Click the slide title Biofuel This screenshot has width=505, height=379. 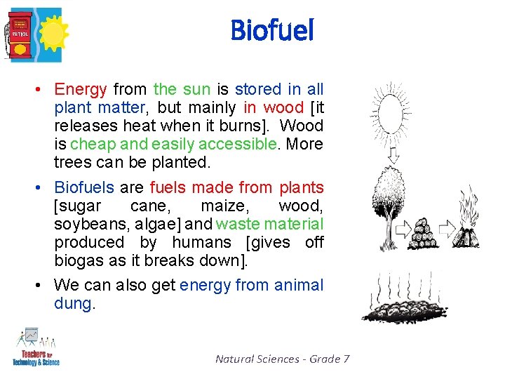click(x=271, y=30)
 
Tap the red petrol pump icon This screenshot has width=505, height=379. click(x=19, y=33)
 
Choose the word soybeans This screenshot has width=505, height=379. click(x=87, y=224)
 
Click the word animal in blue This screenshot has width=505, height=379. click(x=299, y=285)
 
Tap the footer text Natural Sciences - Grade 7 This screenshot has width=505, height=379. click(x=282, y=359)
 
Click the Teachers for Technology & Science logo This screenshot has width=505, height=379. click(x=36, y=347)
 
